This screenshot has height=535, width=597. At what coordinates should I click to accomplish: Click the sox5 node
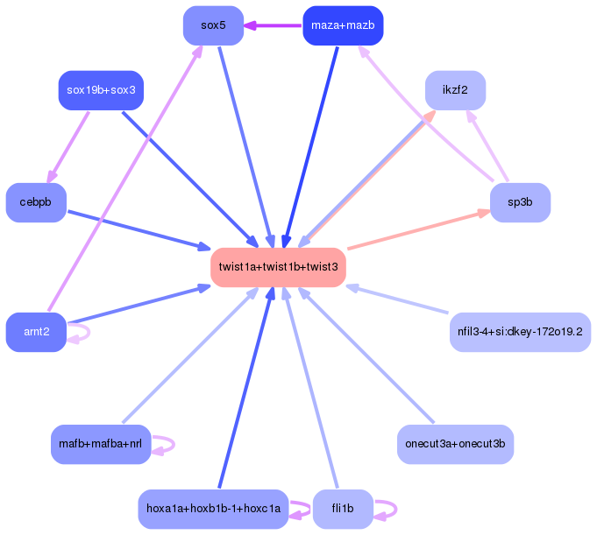click(x=213, y=25)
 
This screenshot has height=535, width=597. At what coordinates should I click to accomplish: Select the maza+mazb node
click(x=343, y=25)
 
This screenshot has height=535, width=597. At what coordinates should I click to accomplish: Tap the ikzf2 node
click(x=455, y=90)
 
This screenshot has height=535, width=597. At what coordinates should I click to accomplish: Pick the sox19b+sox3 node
click(x=101, y=90)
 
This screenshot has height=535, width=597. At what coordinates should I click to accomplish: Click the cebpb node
click(x=36, y=202)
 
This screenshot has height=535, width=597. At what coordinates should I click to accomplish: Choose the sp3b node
click(x=520, y=202)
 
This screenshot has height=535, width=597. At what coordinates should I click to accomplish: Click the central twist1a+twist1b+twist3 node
click(x=278, y=267)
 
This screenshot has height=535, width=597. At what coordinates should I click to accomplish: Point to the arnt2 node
click(x=36, y=332)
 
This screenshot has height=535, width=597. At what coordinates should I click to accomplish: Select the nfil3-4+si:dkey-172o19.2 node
click(x=520, y=332)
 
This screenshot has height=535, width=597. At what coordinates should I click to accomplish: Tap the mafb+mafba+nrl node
click(x=101, y=444)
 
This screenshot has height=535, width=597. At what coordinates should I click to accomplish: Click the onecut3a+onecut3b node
click(x=455, y=444)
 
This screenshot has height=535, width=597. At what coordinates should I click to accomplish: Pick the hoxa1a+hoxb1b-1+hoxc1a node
click(x=213, y=509)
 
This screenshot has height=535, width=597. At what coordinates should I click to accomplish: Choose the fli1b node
click(x=343, y=509)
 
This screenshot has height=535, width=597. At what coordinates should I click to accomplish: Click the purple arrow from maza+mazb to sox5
click(x=272, y=25)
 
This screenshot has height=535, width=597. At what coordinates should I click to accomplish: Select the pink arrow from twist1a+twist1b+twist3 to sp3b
click(x=419, y=229)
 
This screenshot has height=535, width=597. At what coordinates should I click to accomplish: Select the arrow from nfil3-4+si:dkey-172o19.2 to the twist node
click(x=399, y=299)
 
